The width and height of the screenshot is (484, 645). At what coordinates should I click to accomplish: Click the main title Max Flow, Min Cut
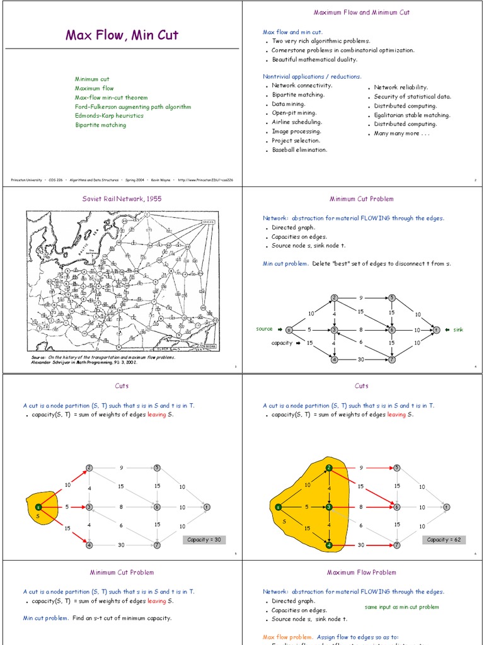pyautogui.click(x=122, y=35)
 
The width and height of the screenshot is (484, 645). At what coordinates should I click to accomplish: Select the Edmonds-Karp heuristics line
pyautogui.click(x=109, y=116)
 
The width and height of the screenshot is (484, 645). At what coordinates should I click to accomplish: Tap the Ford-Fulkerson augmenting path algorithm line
pyautogui.click(x=132, y=107)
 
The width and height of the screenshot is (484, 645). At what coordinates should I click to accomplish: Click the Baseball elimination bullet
pyautogui.click(x=299, y=150)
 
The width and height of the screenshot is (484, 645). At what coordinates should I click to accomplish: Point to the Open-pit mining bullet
pyautogui.click(x=294, y=113)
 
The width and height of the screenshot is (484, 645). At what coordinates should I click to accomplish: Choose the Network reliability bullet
pyautogui.click(x=401, y=88)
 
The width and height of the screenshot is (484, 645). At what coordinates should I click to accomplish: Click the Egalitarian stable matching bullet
pyautogui.click(x=412, y=115)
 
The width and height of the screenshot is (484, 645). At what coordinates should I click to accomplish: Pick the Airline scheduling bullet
pyautogui.click(x=297, y=122)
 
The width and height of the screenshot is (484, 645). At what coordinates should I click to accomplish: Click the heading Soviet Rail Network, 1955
pyautogui.click(x=122, y=199)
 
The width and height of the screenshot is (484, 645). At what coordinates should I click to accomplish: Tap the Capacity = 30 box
pyautogui.click(x=204, y=540)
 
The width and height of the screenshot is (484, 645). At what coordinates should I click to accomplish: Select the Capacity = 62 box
pyautogui.click(x=446, y=540)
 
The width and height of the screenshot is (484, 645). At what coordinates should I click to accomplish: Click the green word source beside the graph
pyautogui.click(x=264, y=329)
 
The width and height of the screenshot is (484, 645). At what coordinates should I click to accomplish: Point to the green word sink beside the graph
pyautogui.click(x=458, y=329)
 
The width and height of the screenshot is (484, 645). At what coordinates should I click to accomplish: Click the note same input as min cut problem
pyautogui.click(x=401, y=607)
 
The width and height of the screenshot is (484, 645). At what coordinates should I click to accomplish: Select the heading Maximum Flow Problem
pyautogui.click(x=361, y=573)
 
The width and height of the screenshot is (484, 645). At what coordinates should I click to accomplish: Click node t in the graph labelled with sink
pyautogui.click(x=436, y=329)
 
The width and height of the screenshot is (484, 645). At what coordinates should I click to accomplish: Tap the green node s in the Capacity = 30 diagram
pyautogui.click(x=38, y=506)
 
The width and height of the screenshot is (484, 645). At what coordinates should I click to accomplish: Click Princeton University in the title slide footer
pyautogui.click(x=26, y=180)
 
